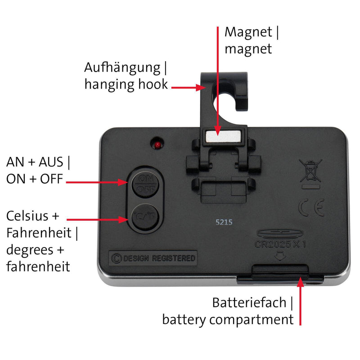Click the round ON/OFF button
click(x=145, y=184)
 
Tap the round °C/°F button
click(x=145, y=217)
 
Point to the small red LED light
click(x=157, y=145)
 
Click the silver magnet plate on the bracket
click(x=223, y=136)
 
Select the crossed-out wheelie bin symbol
click(x=310, y=171)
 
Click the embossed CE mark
click(x=311, y=207)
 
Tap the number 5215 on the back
click(x=224, y=222)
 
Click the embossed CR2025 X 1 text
click(x=280, y=244)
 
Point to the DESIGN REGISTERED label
click(x=153, y=258)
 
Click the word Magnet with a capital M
click(x=248, y=32)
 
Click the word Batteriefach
click(x=249, y=302)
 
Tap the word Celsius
click(x=27, y=216)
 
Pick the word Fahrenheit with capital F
click(x=39, y=233)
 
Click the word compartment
click(x=252, y=320)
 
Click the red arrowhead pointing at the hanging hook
click(x=200, y=87)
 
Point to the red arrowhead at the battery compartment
click(x=300, y=282)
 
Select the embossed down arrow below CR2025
click(x=280, y=256)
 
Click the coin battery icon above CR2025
click(x=280, y=233)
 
